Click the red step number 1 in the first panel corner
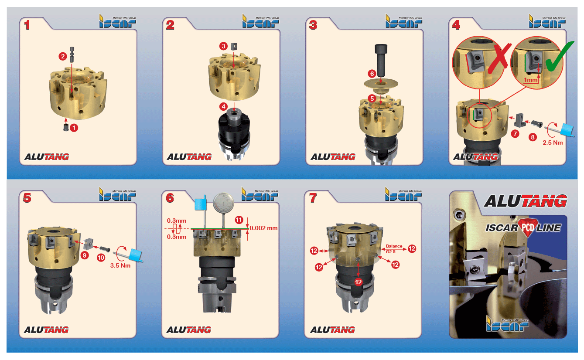(27, 25)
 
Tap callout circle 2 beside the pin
(62, 56)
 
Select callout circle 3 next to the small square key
(223, 46)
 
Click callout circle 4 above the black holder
(223, 106)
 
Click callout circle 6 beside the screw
(372, 74)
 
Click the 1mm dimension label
(530, 80)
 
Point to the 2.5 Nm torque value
(553, 143)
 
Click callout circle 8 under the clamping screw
(533, 137)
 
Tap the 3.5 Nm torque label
(120, 265)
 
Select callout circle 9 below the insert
(85, 255)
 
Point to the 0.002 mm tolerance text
(263, 228)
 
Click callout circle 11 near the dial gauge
(239, 220)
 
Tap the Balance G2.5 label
(394, 249)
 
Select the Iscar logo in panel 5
(117, 194)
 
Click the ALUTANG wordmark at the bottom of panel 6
(189, 330)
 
